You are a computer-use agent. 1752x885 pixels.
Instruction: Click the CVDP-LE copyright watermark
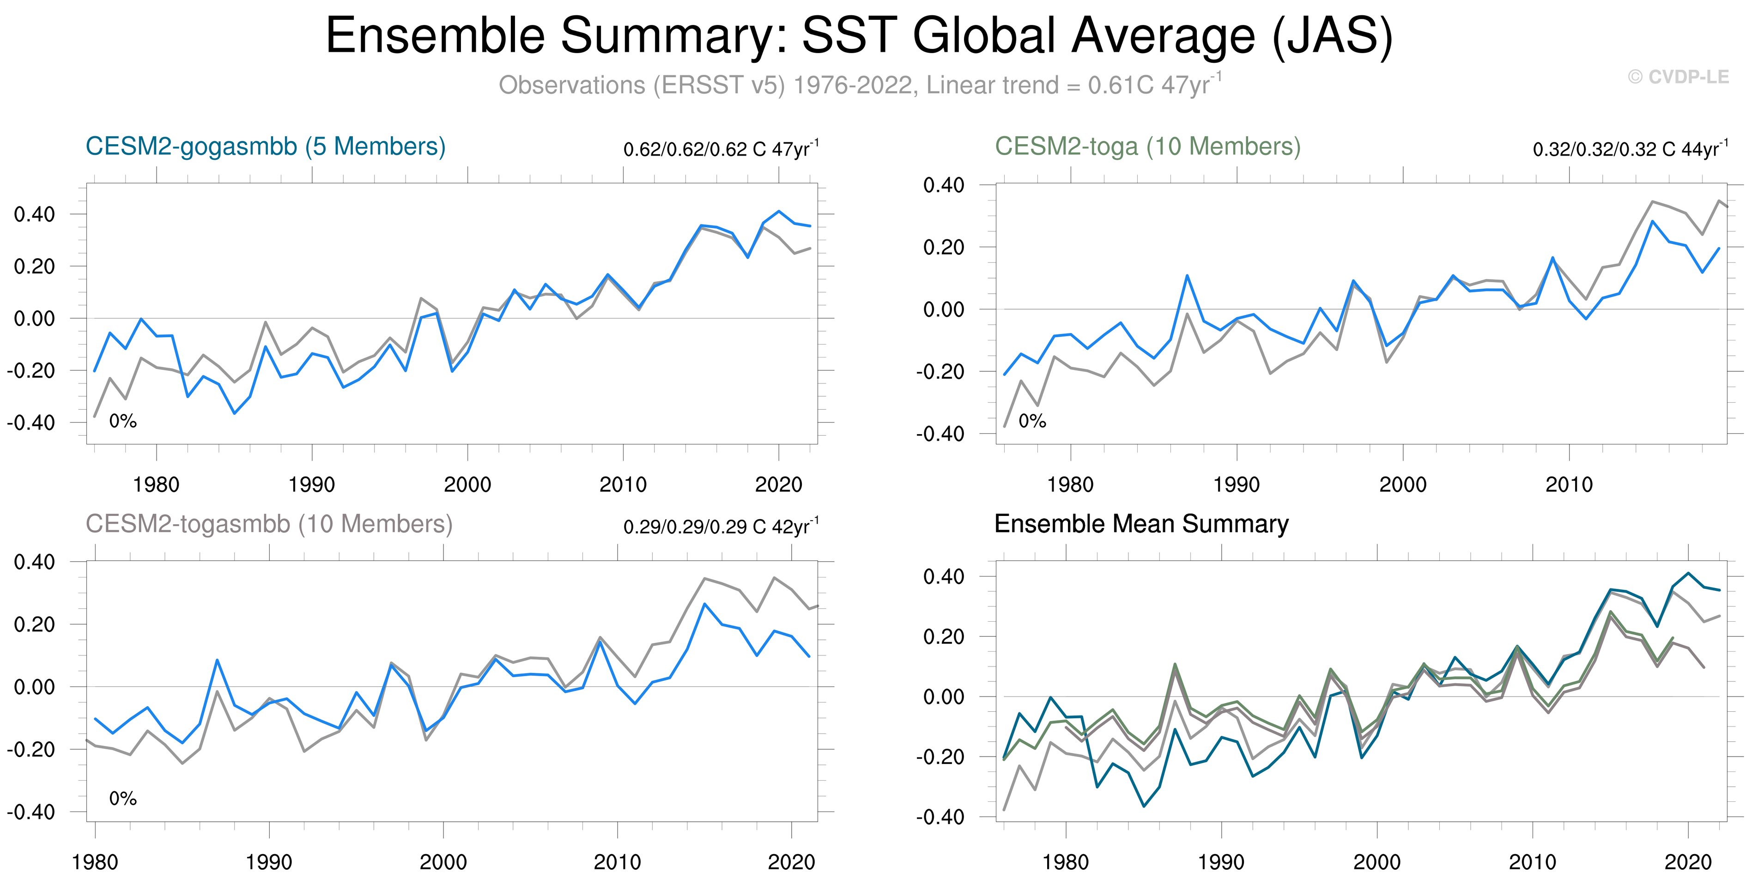coord(1678,77)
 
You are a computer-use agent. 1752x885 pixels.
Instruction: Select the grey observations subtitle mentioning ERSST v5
coord(860,85)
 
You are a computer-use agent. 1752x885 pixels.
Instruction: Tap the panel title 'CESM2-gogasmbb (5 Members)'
coord(265,147)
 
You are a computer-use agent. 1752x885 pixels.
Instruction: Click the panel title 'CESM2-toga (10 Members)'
coord(1147,147)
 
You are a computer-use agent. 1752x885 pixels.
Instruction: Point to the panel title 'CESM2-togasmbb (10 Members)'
coord(269,524)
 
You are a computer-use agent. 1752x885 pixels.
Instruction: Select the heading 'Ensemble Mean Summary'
coord(1141,524)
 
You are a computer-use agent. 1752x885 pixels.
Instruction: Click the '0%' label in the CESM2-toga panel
coord(1032,422)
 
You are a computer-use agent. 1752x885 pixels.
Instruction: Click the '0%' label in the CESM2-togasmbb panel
coord(123,799)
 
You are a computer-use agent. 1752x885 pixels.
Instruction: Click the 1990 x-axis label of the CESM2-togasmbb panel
coord(269,862)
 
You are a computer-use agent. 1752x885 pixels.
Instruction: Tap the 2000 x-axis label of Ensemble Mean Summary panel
coord(1376,862)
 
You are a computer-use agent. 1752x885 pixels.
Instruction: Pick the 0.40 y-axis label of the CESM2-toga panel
coord(943,185)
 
